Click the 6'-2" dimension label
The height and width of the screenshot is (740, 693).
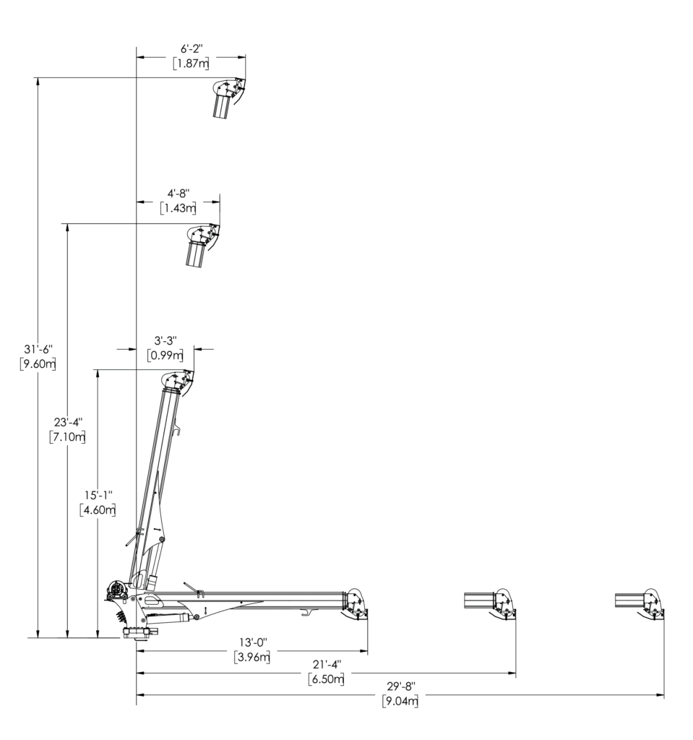[191, 48]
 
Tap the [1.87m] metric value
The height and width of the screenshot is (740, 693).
[191, 64]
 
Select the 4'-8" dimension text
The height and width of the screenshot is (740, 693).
[178, 193]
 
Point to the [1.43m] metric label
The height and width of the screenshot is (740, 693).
[178, 207]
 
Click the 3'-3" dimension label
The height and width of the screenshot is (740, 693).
[165, 340]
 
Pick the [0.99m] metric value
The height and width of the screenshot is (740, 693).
[165, 355]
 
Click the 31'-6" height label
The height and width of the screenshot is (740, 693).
[38, 349]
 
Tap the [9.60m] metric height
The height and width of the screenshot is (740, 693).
[38, 364]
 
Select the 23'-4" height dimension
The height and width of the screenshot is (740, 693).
[68, 422]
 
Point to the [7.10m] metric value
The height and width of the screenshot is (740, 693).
[67, 436]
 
